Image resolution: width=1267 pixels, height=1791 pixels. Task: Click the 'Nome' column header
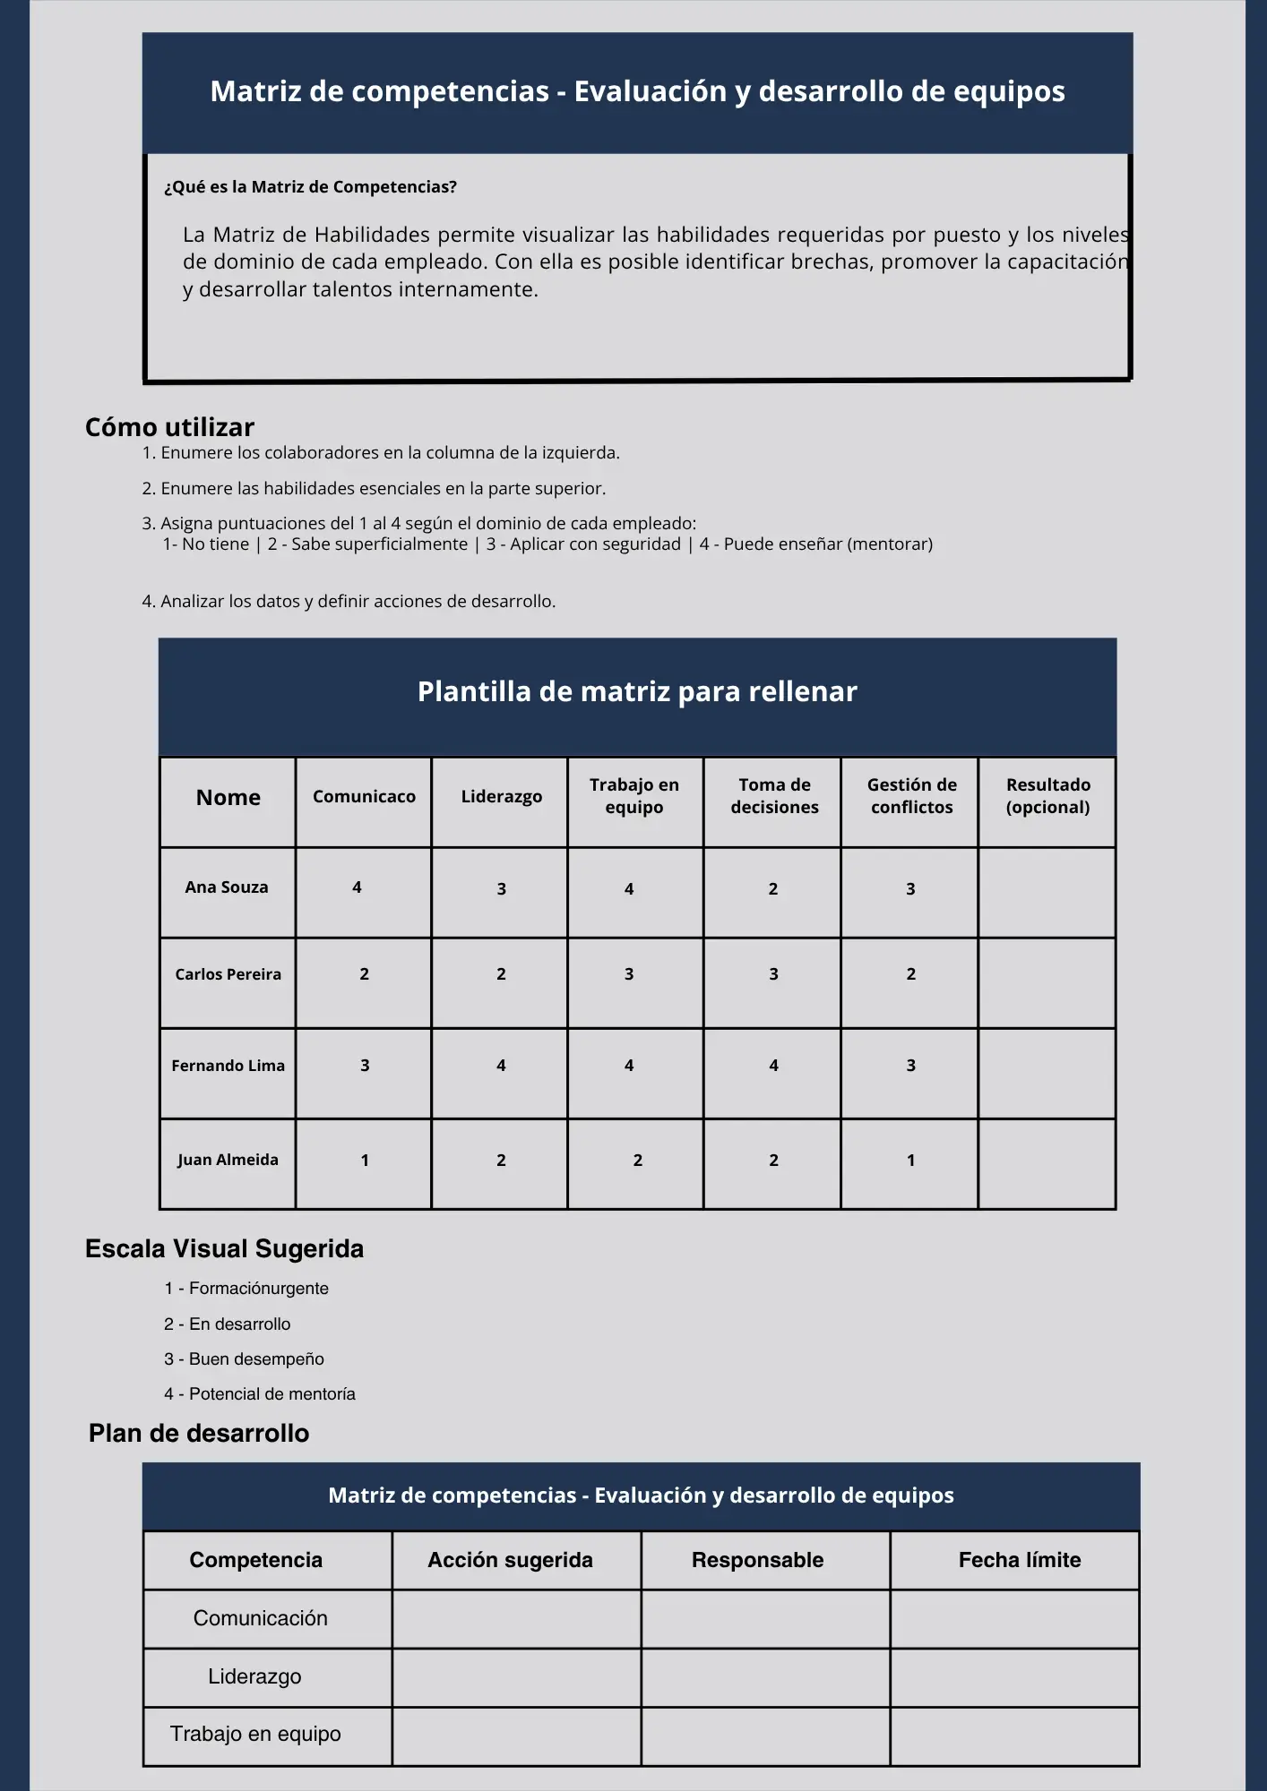(228, 797)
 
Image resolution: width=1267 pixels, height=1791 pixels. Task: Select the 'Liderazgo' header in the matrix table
(501, 796)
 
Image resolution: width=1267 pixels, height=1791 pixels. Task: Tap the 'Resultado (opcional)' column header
(1047, 795)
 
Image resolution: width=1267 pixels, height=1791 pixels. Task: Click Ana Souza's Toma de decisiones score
(773, 889)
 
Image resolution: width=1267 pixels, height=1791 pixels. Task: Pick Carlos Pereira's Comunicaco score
(364, 974)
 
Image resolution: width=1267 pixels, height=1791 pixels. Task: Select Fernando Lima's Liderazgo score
(501, 1066)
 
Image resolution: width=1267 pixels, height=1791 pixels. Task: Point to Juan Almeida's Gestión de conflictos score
(910, 1161)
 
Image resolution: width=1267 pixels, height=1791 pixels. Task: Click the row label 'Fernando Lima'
(228, 1066)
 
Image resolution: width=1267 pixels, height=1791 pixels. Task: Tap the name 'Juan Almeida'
(228, 1160)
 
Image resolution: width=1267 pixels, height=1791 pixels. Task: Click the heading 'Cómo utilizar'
(169, 427)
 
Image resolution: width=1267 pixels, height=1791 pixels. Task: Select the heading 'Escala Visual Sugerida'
(224, 1249)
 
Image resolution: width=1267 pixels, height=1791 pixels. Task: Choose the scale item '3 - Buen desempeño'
(244, 1358)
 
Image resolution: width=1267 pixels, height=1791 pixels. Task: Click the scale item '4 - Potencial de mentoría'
(260, 1393)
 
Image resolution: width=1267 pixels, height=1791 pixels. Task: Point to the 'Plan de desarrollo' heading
(199, 1434)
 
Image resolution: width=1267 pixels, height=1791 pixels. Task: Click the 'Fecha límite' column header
(1019, 1560)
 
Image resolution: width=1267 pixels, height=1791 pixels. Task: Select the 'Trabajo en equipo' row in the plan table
(255, 1735)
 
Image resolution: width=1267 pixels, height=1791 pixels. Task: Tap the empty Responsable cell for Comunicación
(765, 1619)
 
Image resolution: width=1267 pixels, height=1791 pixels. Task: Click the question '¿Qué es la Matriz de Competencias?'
(310, 187)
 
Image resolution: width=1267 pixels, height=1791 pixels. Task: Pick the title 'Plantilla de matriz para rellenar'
(637, 691)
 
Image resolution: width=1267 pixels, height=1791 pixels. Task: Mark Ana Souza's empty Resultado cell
(1047, 893)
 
